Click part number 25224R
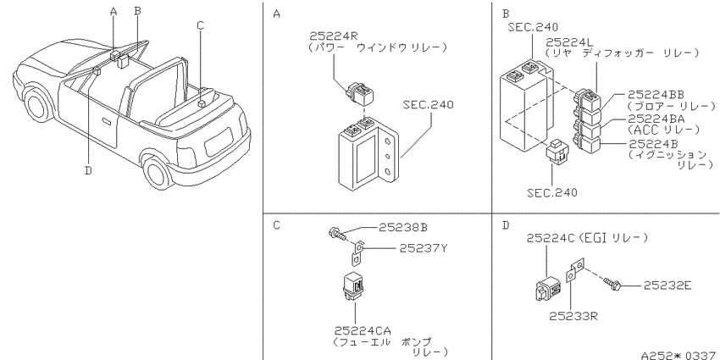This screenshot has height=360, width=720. (x=330, y=36)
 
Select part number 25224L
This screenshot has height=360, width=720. (x=567, y=42)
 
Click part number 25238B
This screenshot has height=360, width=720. (x=403, y=227)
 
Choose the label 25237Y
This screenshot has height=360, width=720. (x=423, y=248)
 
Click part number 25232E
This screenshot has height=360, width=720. (x=667, y=285)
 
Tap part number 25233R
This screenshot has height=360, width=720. (x=573, y=316)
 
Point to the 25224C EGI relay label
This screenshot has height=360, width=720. (x=587, y=238)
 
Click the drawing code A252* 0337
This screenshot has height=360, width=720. (x=680, y=355)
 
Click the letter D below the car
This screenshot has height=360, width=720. (x=88, y=171)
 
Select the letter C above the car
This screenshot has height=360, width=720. (x=200, y=25)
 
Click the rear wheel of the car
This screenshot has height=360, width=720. (x=158, y=172)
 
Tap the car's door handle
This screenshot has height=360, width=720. (x=107, y=121)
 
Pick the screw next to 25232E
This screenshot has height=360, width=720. (x=612, y=284)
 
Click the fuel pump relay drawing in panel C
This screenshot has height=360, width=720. (x=354, y=288)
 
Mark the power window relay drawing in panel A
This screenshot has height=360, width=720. (x=361, y=94)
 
